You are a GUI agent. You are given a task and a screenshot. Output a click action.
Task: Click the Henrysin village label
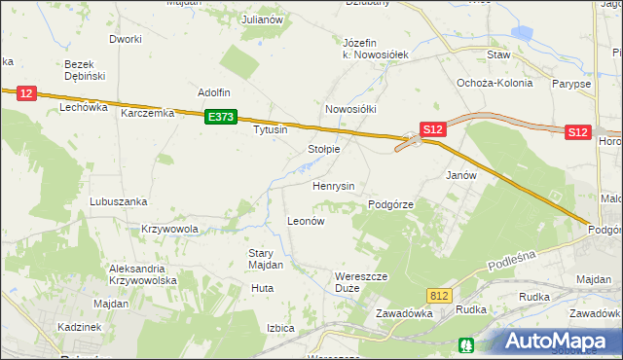tap(333, 185)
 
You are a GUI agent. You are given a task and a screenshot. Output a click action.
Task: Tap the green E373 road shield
tap(222, 117)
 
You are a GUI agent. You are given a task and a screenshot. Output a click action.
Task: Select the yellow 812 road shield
tap(439, 294)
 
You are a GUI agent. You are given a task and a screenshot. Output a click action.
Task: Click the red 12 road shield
tap(26, 93)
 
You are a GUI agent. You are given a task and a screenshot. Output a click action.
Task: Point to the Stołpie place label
tap(323, 149)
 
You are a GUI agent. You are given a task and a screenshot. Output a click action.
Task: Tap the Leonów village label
tap(305, 221)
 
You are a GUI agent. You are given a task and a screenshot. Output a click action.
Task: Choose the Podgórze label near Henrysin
tap(392, 204)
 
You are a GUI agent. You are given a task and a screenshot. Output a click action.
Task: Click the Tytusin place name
tap(271, 129)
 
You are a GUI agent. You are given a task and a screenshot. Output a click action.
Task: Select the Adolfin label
tap(213, 92)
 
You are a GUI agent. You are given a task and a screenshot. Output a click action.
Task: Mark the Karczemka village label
tap(147, 113)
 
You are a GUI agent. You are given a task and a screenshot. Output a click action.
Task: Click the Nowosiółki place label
tap(350, 109)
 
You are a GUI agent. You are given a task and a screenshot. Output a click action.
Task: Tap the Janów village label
tap(460, 176)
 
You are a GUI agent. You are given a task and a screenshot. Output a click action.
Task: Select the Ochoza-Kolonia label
tap(495, 83)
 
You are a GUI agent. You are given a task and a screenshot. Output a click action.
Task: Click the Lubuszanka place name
tap(118, 201)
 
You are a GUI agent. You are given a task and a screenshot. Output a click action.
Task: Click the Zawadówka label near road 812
tap(403, 313)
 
